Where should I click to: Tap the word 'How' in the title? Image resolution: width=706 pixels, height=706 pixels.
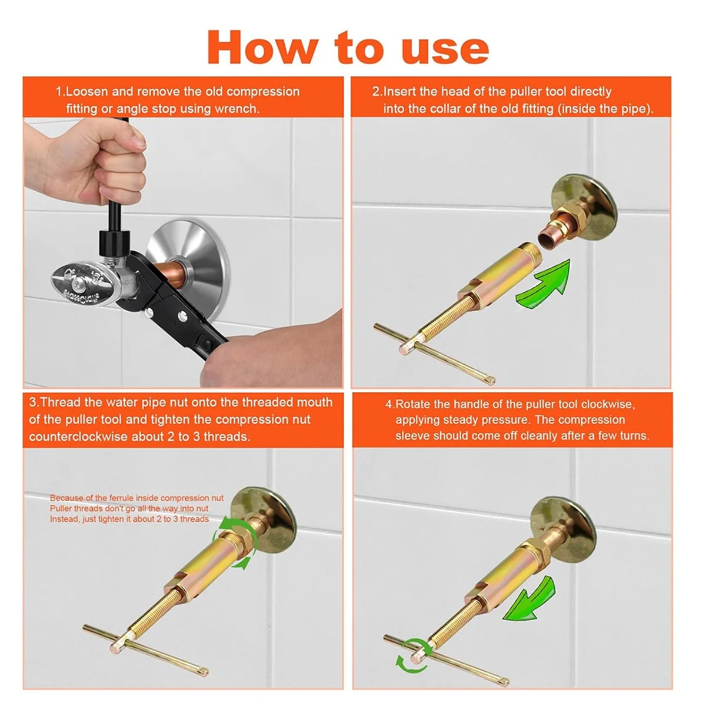point(262,48)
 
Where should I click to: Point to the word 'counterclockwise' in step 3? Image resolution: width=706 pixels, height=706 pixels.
point(78,437)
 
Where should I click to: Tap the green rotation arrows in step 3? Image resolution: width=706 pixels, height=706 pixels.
point(233,545)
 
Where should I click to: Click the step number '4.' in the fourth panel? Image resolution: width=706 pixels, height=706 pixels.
point(390,404)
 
